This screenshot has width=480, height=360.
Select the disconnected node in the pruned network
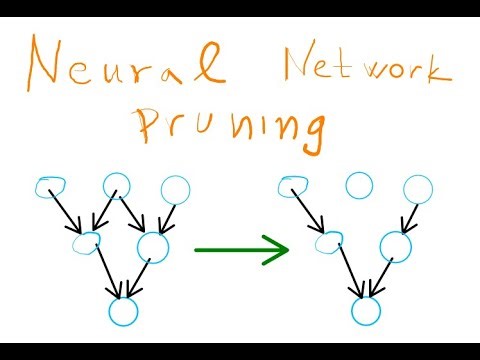click(x=358, y=184)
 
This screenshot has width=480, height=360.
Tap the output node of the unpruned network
click(x=122, y=310)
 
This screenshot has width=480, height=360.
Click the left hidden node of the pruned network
click(x=326, y=241)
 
